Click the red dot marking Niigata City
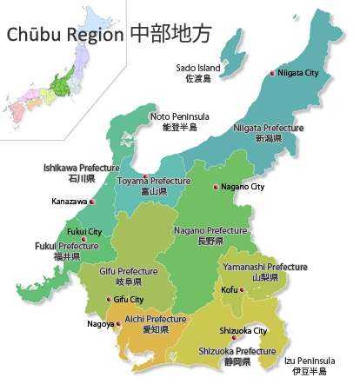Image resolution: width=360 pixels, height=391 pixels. [272, 73]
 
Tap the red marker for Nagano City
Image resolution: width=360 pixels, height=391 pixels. [216, 187]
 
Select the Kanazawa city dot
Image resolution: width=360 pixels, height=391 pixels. [91, 202]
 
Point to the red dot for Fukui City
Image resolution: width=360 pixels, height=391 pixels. [83, 239]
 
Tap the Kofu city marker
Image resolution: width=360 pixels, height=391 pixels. [241, 289]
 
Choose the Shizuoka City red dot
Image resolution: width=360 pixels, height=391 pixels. [235, 338]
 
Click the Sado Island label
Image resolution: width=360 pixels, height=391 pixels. [198, 68]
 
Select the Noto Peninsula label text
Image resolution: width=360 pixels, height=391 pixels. [180, 116]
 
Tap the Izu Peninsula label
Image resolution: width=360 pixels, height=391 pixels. [310, 361]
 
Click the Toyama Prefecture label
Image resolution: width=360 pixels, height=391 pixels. [153, 181]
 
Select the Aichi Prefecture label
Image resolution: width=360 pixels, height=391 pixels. [155, 320]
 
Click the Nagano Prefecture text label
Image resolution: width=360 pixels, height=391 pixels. [210, 230]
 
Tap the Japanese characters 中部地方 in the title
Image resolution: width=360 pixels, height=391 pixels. [170, 35]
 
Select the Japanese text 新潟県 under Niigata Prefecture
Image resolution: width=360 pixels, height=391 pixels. [269, 138]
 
